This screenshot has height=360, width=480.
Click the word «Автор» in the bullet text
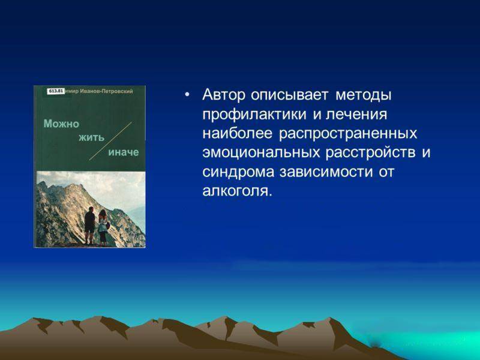[224, 95]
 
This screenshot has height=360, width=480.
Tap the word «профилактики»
[254, 115]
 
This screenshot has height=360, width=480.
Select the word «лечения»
[356, 114]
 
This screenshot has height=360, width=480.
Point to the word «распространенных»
[348, 134]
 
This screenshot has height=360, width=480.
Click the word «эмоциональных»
[261, 153]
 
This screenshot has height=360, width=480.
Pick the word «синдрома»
[238, 172]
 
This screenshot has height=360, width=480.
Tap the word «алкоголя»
[237, 191]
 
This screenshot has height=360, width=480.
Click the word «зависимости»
[326, 172]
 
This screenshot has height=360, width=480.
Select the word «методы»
[364, 95]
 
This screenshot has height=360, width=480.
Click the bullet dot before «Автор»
[187, 95]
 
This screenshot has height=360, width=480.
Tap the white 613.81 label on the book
[56, 91]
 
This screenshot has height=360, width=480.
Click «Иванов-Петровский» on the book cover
[106, 91]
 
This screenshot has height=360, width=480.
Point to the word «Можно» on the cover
[61, 124]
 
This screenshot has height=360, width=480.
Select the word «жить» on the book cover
[92, 138]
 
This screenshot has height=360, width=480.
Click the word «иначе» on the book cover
[124, 152]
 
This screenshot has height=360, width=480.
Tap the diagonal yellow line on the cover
[110, 141]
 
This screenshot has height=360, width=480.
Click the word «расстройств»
[370, 153]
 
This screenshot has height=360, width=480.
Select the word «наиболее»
[237, 134]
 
